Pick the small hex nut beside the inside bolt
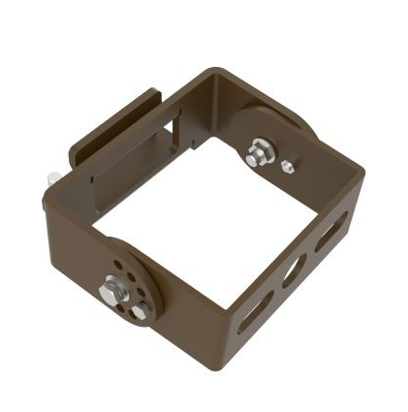(287, 167)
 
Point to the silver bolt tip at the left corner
(52, 177)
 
